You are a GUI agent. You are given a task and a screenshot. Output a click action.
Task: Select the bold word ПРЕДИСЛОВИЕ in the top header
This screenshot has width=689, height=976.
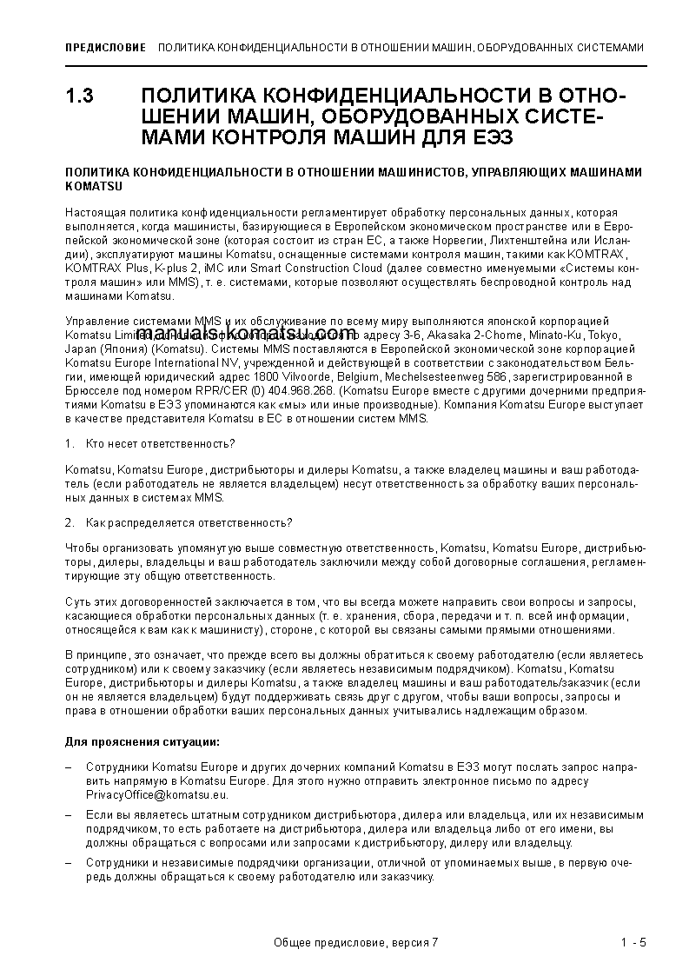(x=105, y=47)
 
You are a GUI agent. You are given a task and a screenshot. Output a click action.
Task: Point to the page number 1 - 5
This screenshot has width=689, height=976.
(x=633, y=943)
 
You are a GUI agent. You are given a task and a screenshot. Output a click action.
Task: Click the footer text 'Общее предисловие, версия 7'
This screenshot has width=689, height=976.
(x=356, y=943)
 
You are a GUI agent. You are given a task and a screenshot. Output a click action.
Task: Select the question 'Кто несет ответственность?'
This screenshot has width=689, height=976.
(x=161, y=444)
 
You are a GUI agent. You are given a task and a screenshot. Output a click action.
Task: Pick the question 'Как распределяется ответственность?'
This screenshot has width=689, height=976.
(x=189, y=522)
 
